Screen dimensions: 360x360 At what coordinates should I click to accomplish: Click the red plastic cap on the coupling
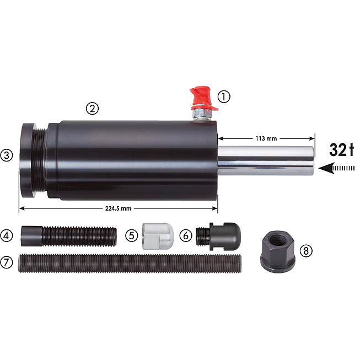pyautogui.click(x=202, y=98)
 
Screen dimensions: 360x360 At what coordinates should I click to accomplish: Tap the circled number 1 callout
pyautogui.click(x=224, y=96)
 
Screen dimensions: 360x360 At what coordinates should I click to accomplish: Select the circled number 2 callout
pyautogui.click(x=92, y=109)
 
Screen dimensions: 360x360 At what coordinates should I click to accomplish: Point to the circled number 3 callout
pyautogui.click(x=7, y=155)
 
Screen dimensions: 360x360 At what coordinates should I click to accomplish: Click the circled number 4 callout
pyautogui.click(x=7, y=235)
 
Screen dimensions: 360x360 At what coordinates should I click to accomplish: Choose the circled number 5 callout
pyautogui.click(x=132, y=235)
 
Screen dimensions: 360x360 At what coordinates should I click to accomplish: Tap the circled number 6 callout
pyautogui.click(x=185, y=235)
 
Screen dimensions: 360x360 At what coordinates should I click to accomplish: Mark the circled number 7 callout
pyautogui.click(x=7, y=262)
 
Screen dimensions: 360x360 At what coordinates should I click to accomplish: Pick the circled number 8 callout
pyautogui.click(x=306, y=251)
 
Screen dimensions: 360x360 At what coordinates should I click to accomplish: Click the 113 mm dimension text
pyautogui.click(x=266, y=138)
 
